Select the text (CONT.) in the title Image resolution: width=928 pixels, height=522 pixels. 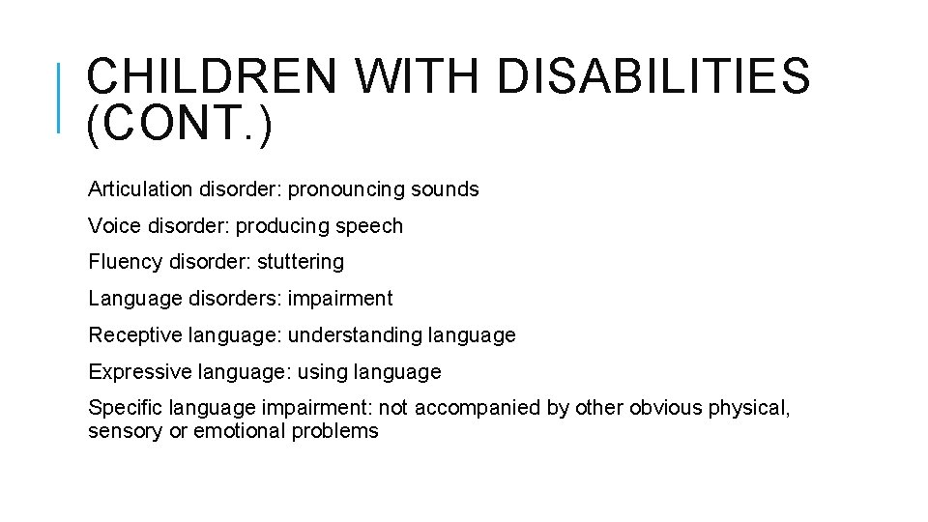point(179,127)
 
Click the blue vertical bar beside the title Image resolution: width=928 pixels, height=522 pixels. point(59,97)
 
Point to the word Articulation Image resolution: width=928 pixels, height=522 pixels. point(141,189)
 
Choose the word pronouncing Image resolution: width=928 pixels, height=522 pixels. point(346,189)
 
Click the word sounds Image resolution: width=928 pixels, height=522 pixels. point(445,189)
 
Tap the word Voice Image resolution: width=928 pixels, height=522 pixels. point(112,226)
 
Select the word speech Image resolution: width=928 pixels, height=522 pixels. point(369,226)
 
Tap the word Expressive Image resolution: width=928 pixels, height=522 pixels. point(132,372)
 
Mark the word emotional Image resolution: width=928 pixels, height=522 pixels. point(237,431)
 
